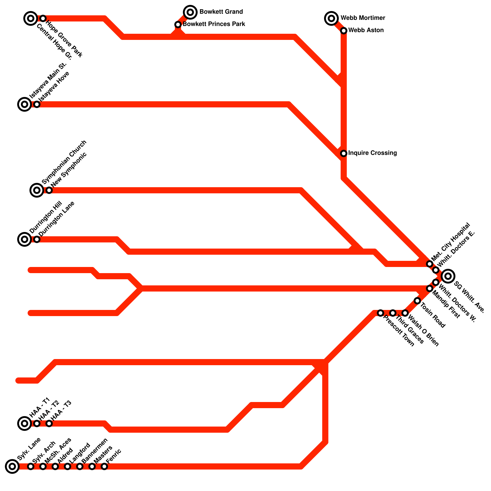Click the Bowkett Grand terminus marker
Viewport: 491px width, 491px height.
point(190,12)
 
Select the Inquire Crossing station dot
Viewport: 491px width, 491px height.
point(344,153)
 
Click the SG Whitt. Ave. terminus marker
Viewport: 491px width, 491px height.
point(448,276)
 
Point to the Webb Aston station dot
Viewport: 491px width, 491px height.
point(344,31)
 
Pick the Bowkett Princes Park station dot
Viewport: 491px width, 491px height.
point(178,25)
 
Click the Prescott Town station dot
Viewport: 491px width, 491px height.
point(381,313)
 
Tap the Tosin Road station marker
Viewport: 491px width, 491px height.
point(417,301)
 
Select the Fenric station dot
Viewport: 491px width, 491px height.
point(104,466)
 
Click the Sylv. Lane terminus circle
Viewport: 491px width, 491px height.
point(12,466)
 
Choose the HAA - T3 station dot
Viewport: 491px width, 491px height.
point(49,423)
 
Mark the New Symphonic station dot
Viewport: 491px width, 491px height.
point(49,190)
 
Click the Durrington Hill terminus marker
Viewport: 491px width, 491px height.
point(25,239)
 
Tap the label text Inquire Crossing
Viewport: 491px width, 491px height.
point(373,153)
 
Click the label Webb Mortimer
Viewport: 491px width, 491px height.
point(363,18)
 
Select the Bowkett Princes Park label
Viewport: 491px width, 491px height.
point(214,24)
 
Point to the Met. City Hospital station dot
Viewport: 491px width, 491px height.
point(430,264)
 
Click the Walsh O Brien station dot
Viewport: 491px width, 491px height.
point(405,313)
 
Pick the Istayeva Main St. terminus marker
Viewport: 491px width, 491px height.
point(25,104)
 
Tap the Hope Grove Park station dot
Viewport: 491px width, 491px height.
point(43,18)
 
